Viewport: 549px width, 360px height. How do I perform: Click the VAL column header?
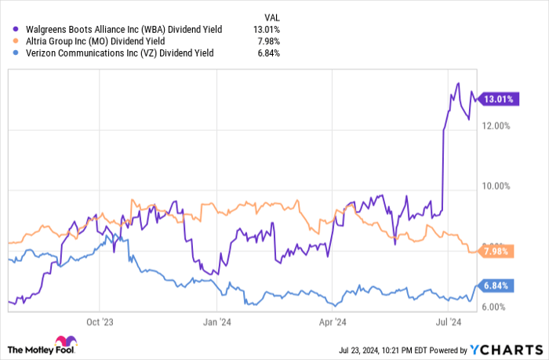point(271,15)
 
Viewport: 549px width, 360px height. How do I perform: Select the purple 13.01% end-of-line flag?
point(496,99)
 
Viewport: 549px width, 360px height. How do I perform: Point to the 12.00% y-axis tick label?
point(497,125)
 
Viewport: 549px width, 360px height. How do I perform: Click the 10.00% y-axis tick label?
point(497,187)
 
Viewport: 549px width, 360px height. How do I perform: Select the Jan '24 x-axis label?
point(216,322)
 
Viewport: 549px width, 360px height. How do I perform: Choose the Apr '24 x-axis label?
point(334,322)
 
